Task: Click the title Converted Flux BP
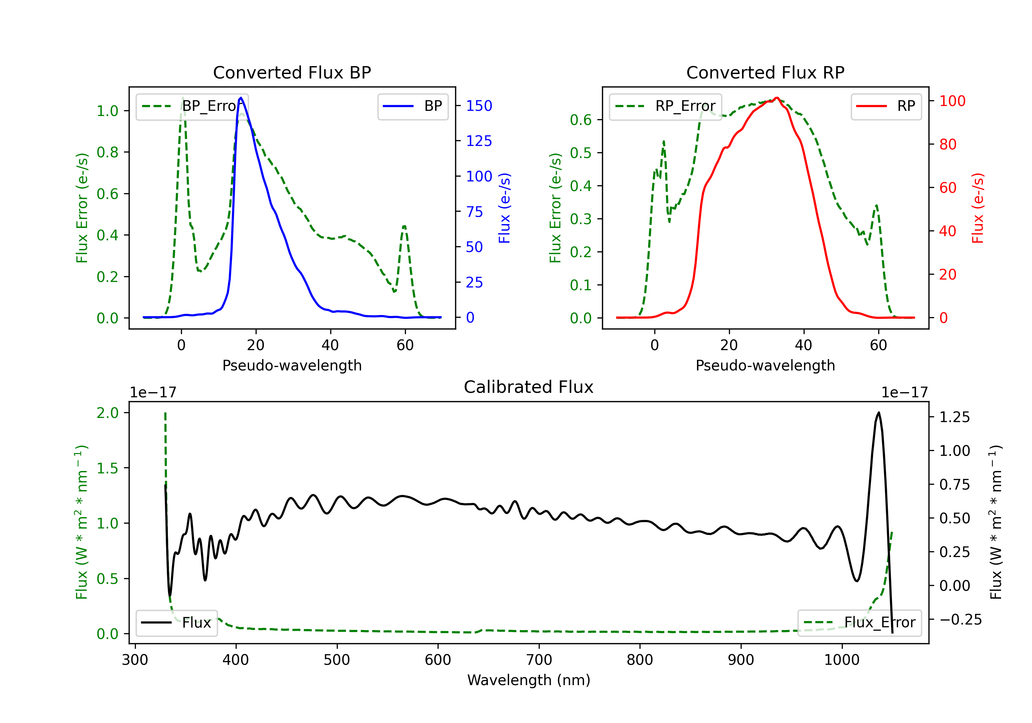pyautogui.click(x=292, y=72)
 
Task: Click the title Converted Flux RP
pyautogui.click(x=765, y=72)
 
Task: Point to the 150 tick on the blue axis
pyautogui.click(x=479, y=106)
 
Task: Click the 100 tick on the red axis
pyautogui.click(x=952, y=101)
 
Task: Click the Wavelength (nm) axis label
pyautogui.click(x=529, y=680)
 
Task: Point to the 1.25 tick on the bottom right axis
pyautogui.click(x=954, y=417)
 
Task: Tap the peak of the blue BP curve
pyautogui.click(x=241, y=98)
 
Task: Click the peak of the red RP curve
pyautogui.click(x=777, y=98)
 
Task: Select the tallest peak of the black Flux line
pyautogui.click(x=878, y=412)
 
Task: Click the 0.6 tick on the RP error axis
pyautogui.click(x=580, y=120)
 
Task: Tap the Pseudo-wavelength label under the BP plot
pyautogui.click(x=292, y=365)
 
